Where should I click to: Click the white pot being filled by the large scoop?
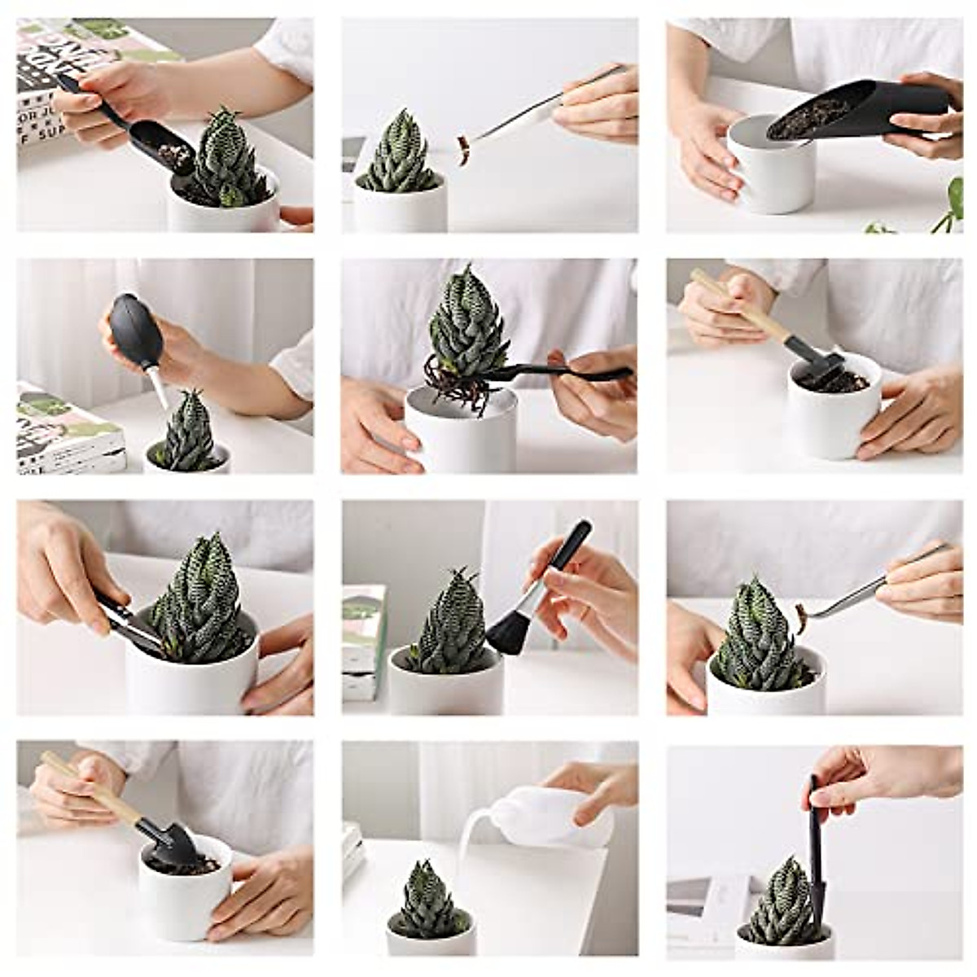(769, 171)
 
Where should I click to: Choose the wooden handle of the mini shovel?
(90, 786)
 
